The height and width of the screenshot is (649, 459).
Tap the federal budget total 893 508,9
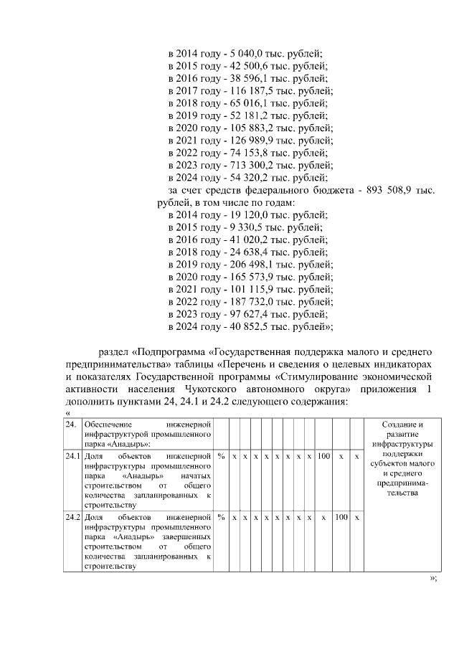pyautogui.click(x=390, y=191)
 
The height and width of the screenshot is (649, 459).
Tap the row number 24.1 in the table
pyautogui.click(x=72, y=456)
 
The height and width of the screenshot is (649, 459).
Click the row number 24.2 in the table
pyautogui.click(x=72, y=517)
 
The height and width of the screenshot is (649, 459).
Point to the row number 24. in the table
pyautogui.click(x=70, y=425)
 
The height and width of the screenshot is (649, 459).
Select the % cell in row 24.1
pyautogui.click(x=222, y=456)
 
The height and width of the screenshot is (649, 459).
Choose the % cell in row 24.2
pyautogui.click(x=222, y=517)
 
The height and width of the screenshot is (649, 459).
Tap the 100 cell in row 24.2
pyautogui.click(x=341, y=517)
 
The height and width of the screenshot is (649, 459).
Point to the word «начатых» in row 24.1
pyautogui.click(x=196, y=475)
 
